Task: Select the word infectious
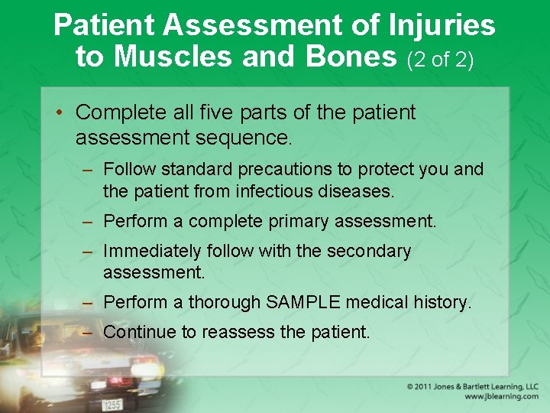point(275,191)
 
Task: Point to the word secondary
point(368,251)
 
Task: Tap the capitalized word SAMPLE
point(303,303)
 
